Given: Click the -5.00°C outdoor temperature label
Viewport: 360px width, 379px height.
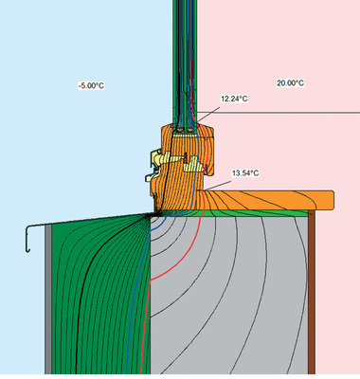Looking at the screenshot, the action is [91, 85].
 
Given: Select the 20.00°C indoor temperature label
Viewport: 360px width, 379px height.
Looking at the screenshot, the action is [291, 83].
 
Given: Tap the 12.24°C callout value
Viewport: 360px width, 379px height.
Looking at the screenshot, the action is [234, 99].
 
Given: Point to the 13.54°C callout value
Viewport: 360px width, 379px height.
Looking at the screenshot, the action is [245, 173].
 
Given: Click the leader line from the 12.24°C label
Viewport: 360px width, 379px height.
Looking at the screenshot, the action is [208, 114].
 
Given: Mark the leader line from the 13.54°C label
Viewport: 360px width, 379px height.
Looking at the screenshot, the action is [215, 186].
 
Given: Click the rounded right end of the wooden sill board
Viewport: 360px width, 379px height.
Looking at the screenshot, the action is [332, 200].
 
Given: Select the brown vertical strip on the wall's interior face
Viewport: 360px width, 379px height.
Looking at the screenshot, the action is [312, 292].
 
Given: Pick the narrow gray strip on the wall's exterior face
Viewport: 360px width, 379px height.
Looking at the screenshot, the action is [48, 299].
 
